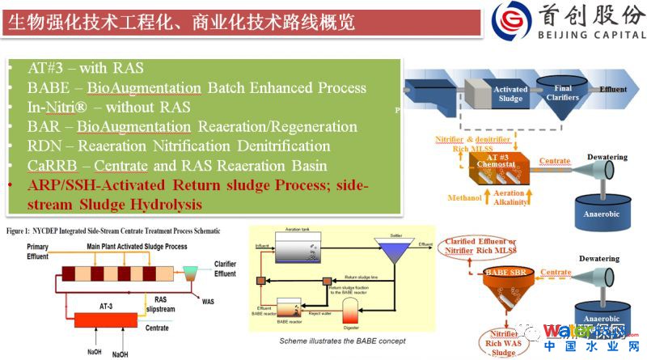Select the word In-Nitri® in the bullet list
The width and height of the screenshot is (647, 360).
tap(57, 107)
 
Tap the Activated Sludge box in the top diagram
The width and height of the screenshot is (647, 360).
tap(510, 95)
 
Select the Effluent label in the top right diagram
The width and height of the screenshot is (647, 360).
tap(612, 89)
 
